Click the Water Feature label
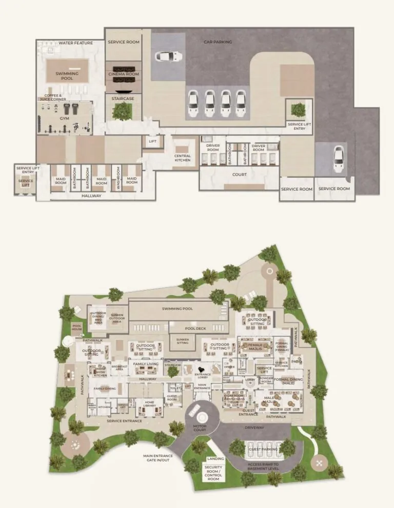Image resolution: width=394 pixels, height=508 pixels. coord(75,43)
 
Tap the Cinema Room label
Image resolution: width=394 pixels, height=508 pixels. coord(124,74)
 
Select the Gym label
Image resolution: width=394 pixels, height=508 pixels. coord(64,118)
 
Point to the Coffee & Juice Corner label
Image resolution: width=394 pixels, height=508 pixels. coord(53,97)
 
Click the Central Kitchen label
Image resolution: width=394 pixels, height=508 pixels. coord(182,158)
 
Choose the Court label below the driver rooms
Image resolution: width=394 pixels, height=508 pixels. coord(239,174)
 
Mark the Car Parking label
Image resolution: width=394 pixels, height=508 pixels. coord(218,42)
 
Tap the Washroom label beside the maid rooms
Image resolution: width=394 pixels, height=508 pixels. coord(119,177)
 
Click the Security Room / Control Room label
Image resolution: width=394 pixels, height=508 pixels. coord(213,473)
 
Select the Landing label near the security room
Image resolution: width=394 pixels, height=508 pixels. coord(215,459)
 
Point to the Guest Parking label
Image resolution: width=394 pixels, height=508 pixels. coord(263,449)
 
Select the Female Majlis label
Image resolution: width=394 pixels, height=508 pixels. coord(255,348)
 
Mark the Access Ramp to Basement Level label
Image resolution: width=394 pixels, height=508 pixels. coord(263,466)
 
